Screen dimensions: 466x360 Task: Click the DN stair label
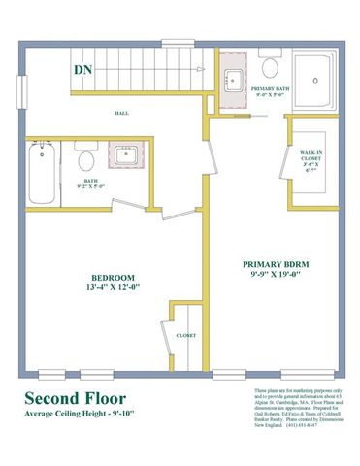coord(85,70)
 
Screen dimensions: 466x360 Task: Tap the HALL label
coord(122,113)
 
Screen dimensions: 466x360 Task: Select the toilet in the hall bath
coord(85,159)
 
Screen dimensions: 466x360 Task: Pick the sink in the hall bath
coord(123,155)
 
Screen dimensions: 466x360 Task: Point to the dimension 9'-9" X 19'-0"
coord(278,274)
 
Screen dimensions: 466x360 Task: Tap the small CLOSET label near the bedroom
coord(186,335)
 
